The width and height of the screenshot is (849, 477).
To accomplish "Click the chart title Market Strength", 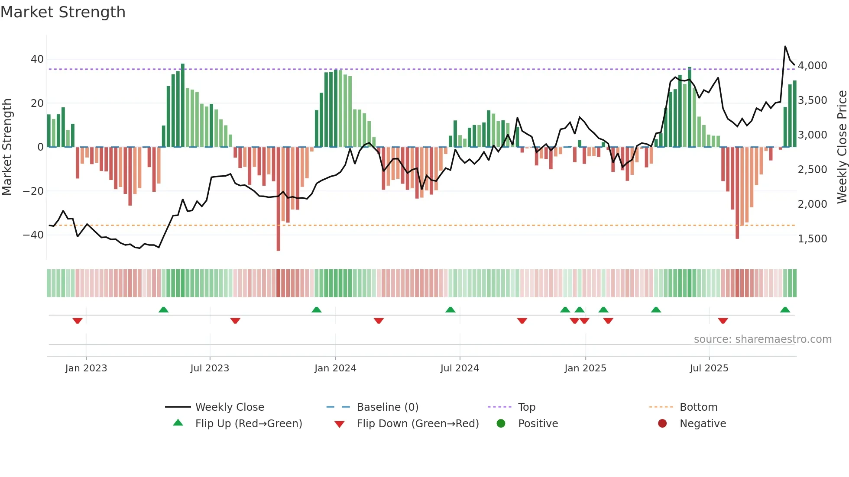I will coord(63,12).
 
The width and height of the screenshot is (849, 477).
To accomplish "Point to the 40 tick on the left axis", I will coord(37,59).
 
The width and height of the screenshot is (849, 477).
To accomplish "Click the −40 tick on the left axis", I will coord(33,235).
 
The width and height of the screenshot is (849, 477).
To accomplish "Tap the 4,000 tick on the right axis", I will coord(812,66).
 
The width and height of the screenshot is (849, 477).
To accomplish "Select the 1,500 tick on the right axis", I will coord(812,239).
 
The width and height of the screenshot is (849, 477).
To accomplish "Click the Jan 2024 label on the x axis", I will coord(335,368).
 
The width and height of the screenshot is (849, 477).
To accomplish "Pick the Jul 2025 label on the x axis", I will coord(709,368).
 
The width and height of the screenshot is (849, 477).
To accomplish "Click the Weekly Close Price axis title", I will coord(842,147).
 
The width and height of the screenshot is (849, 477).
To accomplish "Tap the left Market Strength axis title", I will coord(7,147).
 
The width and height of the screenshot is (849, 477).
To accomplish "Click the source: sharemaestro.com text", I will coord(762,339).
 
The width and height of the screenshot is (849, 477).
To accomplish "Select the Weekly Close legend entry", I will coord(229,407).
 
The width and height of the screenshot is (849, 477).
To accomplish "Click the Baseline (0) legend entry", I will coord(387,407).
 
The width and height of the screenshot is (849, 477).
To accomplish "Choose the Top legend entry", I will coord(526,407).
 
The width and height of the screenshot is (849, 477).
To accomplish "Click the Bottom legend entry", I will coord(698,407).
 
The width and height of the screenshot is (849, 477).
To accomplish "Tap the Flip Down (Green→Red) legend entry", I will coord(417,424).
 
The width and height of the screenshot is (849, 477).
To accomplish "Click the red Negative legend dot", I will coord(662,424).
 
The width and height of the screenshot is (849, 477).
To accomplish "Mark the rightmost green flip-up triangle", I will coord(785,309).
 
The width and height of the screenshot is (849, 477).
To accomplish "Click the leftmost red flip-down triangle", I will coord(78,321).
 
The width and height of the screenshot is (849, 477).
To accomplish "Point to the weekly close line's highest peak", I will coord(785,46).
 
